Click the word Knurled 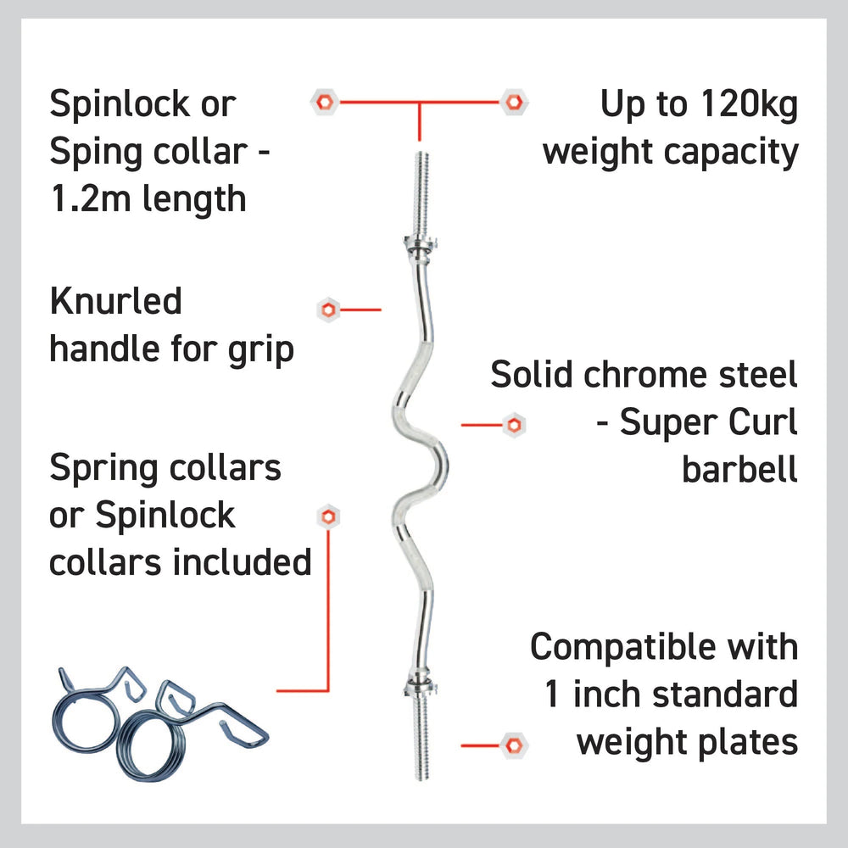(115, 301)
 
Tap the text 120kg (749, 103)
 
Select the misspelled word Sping (95, 153)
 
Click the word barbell (739, 469)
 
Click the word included (242, 562)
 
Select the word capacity (731, 153)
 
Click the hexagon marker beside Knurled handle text (327, 310)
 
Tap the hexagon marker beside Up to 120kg (514, 102)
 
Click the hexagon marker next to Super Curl (514, 425)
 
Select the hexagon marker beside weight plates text (513, 745)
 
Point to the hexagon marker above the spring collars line (327, 517)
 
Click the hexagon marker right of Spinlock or (325, 102)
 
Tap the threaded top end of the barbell (421, 195)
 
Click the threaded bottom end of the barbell (421, 737)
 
